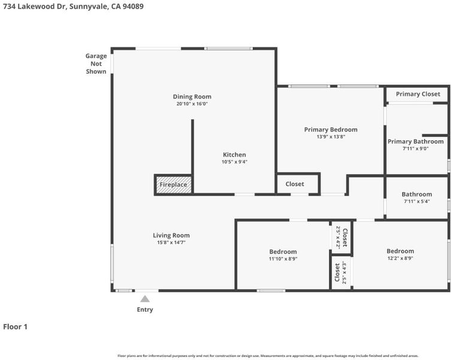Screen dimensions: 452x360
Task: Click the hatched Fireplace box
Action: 174,185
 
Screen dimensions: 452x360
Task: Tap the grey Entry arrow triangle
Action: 145,299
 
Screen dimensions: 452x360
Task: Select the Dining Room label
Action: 192,97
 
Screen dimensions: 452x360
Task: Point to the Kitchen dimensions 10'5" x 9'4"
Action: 234,162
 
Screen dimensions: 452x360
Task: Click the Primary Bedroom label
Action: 331,130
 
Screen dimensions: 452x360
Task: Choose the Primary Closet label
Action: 418,94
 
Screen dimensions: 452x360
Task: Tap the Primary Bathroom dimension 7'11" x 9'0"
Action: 415,149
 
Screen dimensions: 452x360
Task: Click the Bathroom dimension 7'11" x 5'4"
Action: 417,202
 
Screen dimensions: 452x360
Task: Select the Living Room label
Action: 171,235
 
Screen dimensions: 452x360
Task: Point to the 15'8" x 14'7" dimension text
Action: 171,242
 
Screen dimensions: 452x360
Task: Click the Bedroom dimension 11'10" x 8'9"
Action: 283,259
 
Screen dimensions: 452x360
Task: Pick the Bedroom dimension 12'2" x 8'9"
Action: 400,258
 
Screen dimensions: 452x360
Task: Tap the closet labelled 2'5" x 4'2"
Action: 342,238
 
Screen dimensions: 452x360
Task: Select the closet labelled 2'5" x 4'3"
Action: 340,272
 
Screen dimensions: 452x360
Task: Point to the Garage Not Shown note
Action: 96,64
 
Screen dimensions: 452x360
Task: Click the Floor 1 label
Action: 15,327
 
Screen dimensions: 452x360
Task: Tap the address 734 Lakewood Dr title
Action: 73,7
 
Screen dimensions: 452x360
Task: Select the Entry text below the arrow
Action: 145,310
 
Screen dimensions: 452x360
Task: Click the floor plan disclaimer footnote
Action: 268,356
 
